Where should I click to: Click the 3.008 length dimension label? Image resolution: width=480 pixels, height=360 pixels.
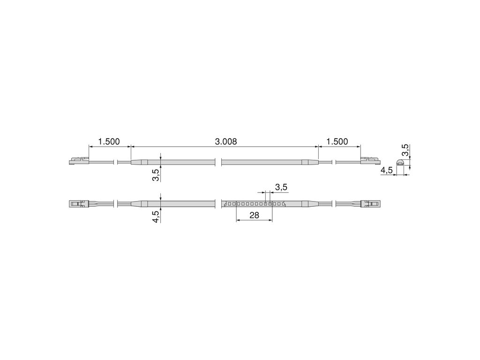(x=226, y=142)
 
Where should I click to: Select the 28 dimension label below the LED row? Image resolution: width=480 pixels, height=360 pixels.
(x=254, y=215)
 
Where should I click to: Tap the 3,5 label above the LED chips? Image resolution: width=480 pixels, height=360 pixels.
(x=281, y=187)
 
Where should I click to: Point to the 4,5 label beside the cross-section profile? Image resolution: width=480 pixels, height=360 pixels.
(x=386, y=171)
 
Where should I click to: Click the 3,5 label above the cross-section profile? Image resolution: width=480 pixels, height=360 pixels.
(x=405, y=150)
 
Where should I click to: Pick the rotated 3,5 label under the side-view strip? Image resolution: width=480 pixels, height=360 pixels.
(x=156, y=175)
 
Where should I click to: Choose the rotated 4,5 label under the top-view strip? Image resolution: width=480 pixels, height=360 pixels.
(x=156, y=217)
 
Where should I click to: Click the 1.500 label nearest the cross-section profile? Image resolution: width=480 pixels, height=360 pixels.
(x=337, y=142)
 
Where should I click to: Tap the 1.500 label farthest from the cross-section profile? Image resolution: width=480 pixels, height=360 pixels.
(x=109, y=142)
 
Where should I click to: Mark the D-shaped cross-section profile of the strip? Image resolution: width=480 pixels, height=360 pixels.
(x=400, y=162)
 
